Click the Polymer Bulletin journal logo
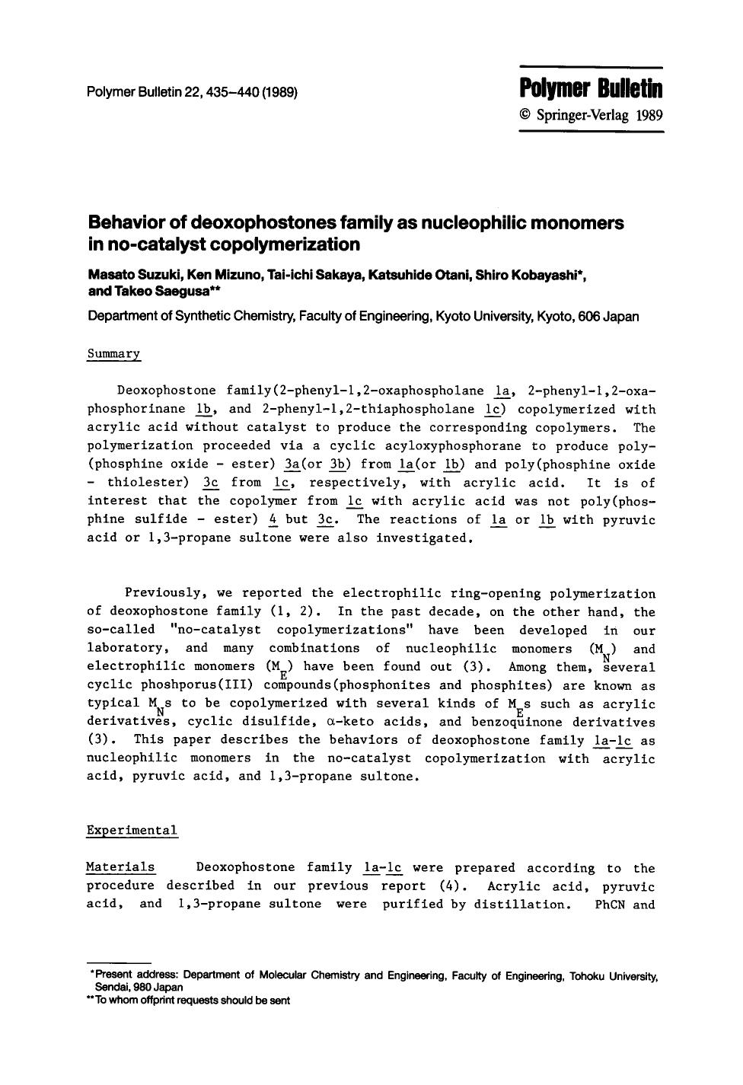(x=592, y=89)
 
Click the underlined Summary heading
(x=114, y=354)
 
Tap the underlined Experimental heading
(x=132, y=830)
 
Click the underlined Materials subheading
(x=120, y=867)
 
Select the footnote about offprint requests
(x=190, y=1000)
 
